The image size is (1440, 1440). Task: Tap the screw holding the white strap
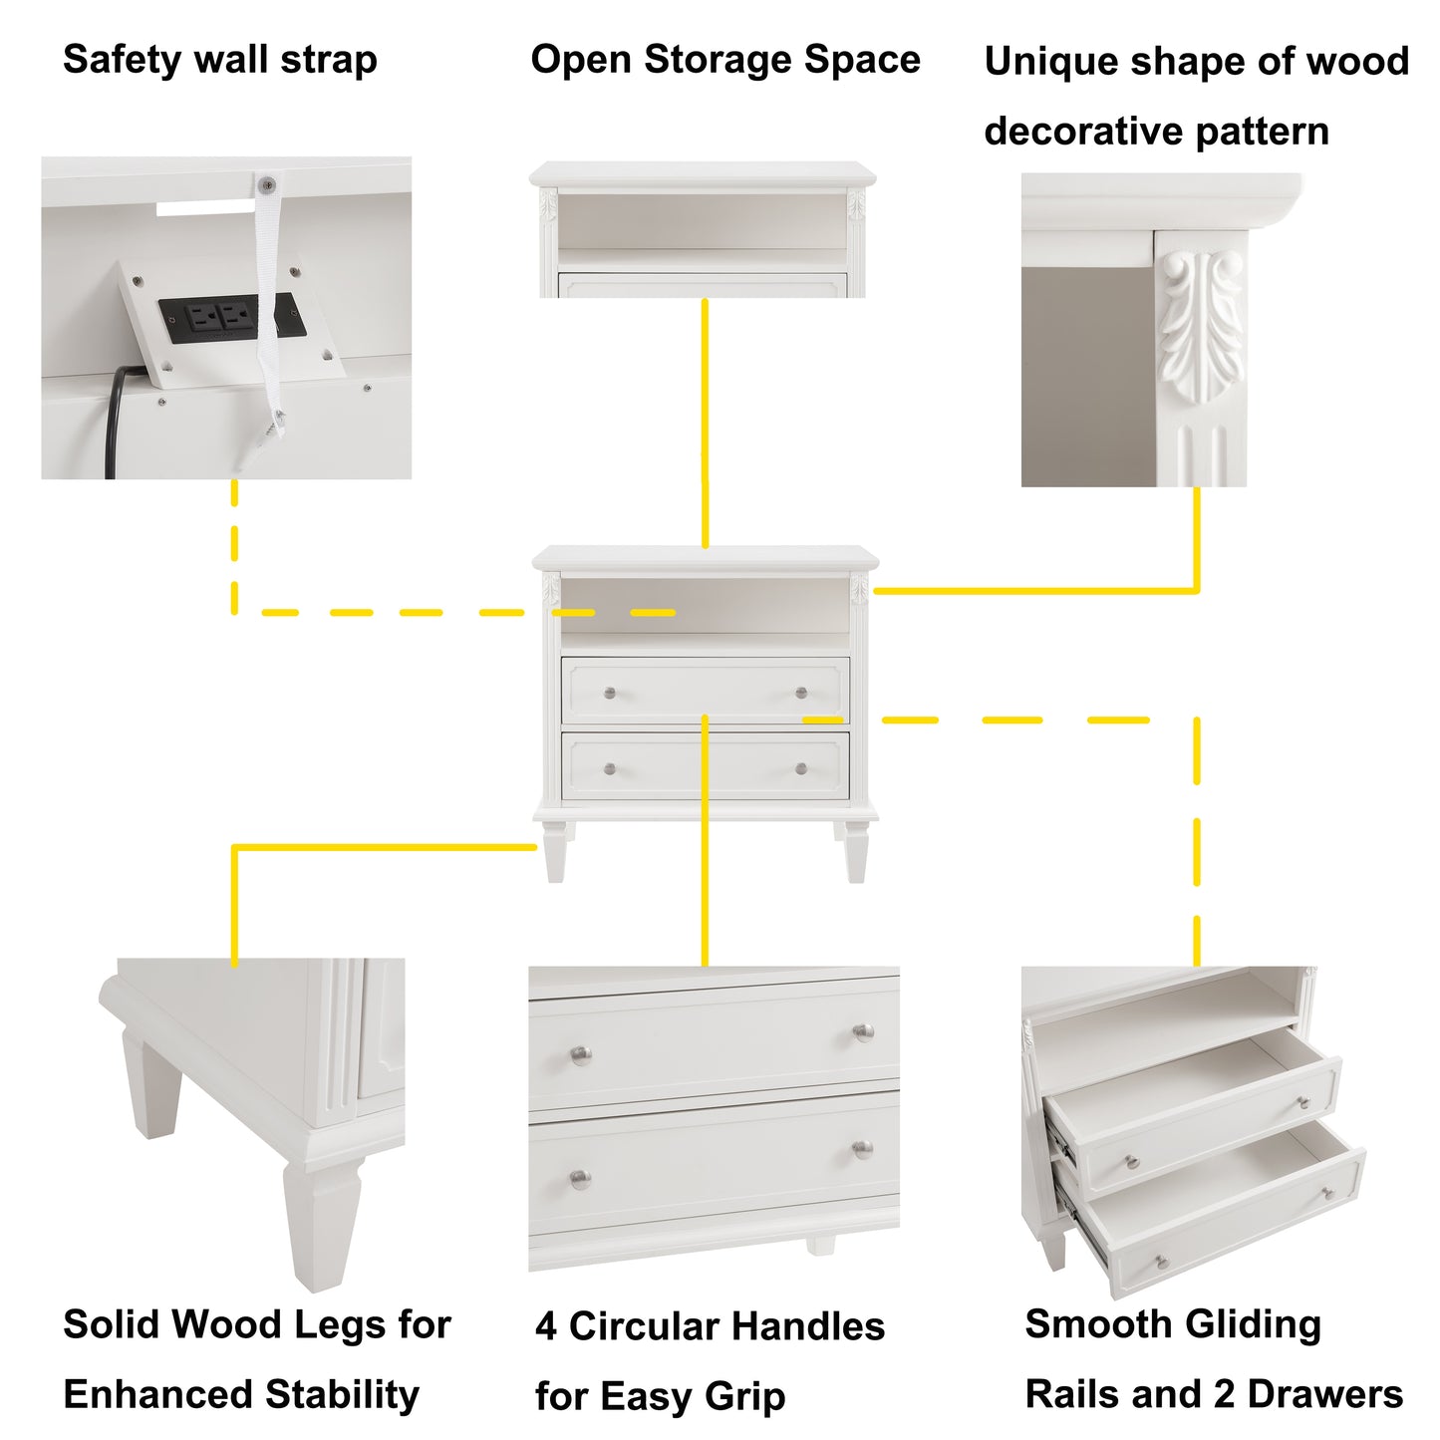266,184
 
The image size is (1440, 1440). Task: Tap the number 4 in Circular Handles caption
545,1327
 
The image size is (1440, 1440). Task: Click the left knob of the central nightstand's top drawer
610,693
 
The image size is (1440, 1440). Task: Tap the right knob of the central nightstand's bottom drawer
801,768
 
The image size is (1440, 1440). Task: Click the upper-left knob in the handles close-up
580,1054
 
